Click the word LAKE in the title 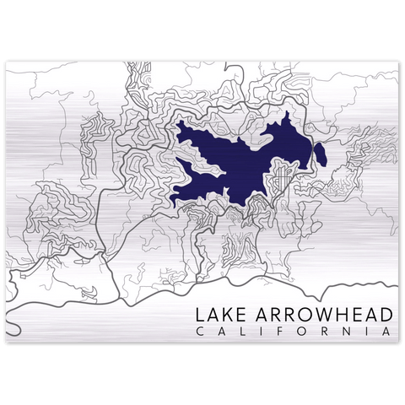219,314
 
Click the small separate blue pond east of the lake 321,154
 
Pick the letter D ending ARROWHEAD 386,314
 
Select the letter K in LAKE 225,314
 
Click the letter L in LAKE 200,314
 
